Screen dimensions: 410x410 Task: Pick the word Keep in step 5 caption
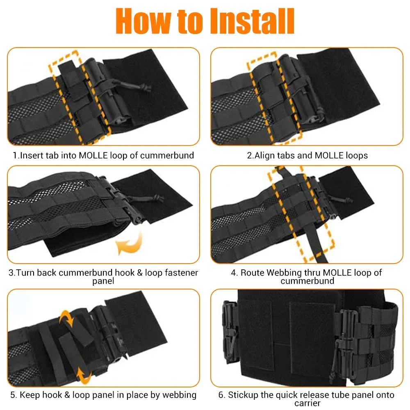click(29, 395)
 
